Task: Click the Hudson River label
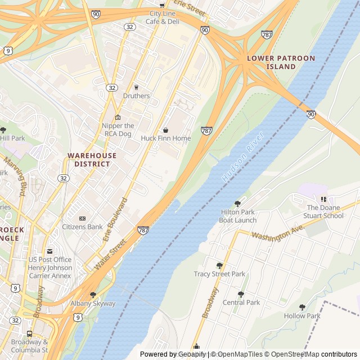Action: (243, 157)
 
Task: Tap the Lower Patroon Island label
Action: (273, 62)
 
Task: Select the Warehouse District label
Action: (92, 160)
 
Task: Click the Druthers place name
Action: (137, 96)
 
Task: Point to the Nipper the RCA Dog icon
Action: (118, 117)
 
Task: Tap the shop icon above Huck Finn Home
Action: (165, 130)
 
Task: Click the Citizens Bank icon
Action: (82, 218)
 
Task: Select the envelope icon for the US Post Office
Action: (49, 251)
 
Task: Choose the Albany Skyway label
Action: (93, 303)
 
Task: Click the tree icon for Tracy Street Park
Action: (219, 265)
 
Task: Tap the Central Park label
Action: (241, 302)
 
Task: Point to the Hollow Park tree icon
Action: (302, 307)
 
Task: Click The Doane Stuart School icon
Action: (323, 199)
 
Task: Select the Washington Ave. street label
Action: (277, 232)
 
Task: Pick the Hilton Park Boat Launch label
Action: (238, 216)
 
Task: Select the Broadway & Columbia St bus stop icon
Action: (30, 333)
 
